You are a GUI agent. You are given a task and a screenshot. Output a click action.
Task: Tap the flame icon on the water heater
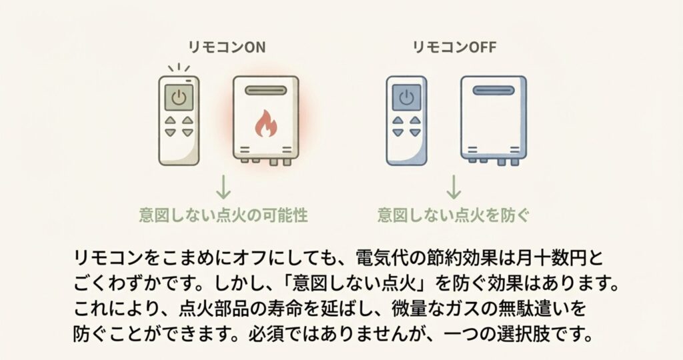point(265,123)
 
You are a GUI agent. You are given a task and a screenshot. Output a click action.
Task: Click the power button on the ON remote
point(179,97)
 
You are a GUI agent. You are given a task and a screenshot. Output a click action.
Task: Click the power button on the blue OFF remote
point(406,97)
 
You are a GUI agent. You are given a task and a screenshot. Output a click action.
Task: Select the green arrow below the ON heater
point(224,187)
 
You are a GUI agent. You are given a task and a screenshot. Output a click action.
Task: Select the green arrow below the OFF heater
point(454,187)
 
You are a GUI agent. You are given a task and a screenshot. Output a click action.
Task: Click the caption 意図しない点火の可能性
point(224,215)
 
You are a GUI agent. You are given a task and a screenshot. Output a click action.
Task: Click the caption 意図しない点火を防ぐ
point(454,215)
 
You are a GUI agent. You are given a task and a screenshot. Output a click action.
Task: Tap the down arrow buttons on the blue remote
point(406,133)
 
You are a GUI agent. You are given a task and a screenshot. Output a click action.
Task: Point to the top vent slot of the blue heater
point(493,89)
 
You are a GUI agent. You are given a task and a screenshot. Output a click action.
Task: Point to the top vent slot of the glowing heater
point(265,89)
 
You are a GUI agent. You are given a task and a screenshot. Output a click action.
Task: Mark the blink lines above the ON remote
point(179,68)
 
